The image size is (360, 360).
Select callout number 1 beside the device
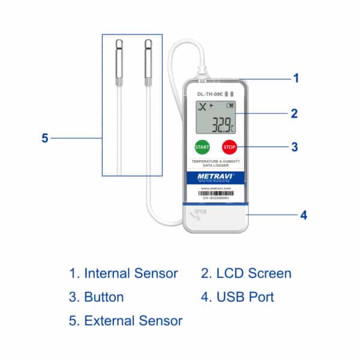[x=295, y=78]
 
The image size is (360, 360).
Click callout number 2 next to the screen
[x=295, y=113]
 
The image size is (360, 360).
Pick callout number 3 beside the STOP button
[x=295, y=146]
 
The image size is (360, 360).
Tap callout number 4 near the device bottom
[x=304, y=214]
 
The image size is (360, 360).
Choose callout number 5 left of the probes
[x=44, y=138]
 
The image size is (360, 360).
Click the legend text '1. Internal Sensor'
[x=124, y=274]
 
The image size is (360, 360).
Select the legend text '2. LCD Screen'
[x=246, y=274]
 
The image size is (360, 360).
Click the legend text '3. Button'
[x=97, y=297]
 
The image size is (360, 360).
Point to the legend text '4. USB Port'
[x=238, y=297]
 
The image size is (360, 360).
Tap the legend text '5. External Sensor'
[x=126, y=321]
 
